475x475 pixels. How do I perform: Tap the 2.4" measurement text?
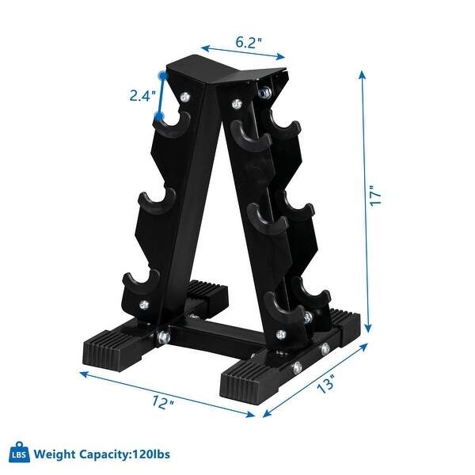coord(142,97)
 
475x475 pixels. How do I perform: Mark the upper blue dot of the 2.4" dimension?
coord(162,75)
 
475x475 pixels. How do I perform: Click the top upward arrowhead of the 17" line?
coord(364,73)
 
